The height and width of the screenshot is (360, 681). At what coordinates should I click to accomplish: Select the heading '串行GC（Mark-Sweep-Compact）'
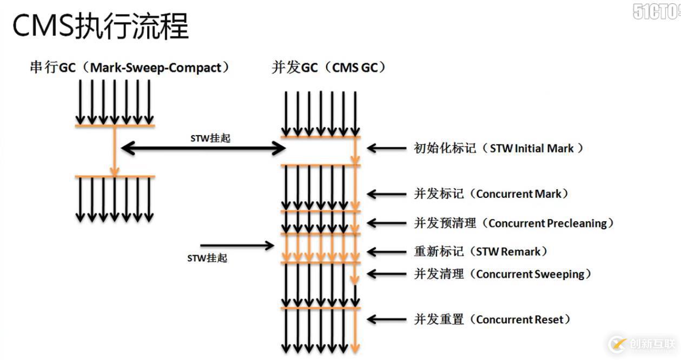(x=130, y=68)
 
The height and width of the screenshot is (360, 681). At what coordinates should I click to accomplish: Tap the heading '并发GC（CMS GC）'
(x=329, y=68)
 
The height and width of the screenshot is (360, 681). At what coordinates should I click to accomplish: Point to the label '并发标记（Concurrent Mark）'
(x=491, y=194)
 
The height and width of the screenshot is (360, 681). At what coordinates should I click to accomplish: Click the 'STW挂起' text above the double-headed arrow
(x=210, y=138)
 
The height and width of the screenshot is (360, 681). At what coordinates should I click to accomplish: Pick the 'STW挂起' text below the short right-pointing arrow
(x=207, y=258)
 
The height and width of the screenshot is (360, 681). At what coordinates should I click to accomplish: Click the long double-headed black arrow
(x=203, y=148)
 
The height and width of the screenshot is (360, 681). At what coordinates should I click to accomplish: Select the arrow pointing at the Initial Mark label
(x=386, y=148)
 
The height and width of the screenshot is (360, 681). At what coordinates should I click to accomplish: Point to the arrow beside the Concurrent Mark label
(x=386, y=194)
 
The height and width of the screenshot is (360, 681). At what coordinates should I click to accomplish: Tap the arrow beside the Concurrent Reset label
(x=386, y=319)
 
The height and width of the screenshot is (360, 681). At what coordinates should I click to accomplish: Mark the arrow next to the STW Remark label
(x=386, y=251)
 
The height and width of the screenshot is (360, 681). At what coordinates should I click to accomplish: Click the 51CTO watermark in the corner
(x=656, y=11)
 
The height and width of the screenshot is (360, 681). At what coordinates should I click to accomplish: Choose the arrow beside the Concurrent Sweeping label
(x=386, y=274)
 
